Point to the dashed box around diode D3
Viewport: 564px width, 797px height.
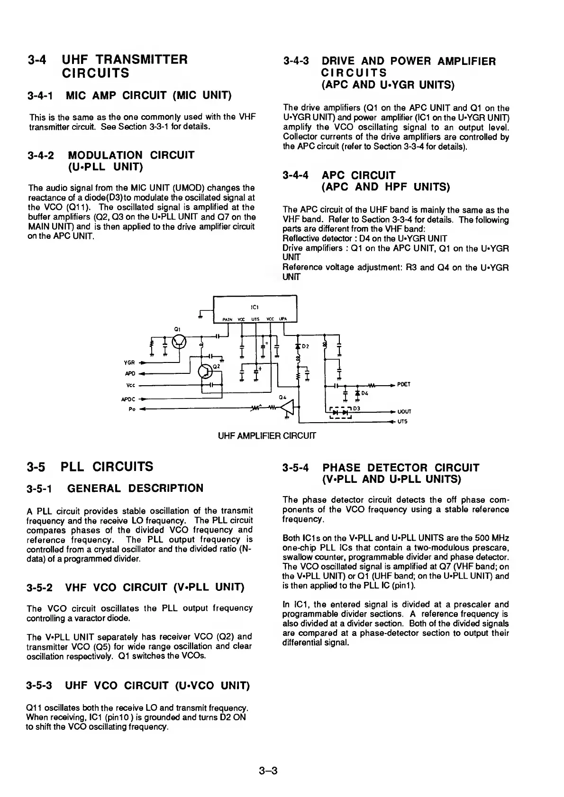pyautogui.click(x=339, y=412)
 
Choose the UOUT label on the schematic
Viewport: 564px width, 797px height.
pyautogui.click(x=404, y=412)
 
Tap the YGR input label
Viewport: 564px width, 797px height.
pyautogui.click(x=129, y=363)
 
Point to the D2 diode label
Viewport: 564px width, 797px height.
pyautogui.click(x=305, y=346)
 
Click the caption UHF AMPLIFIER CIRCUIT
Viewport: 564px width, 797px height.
pyautogui.click(x=267, y=435)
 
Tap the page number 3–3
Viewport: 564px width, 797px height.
pyautogui.click(x=268, y=770)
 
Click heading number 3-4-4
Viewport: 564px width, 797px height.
pyautogui.click(x=296, y=175)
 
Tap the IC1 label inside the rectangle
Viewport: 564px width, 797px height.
pyautogui.click(x=255, y=306)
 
